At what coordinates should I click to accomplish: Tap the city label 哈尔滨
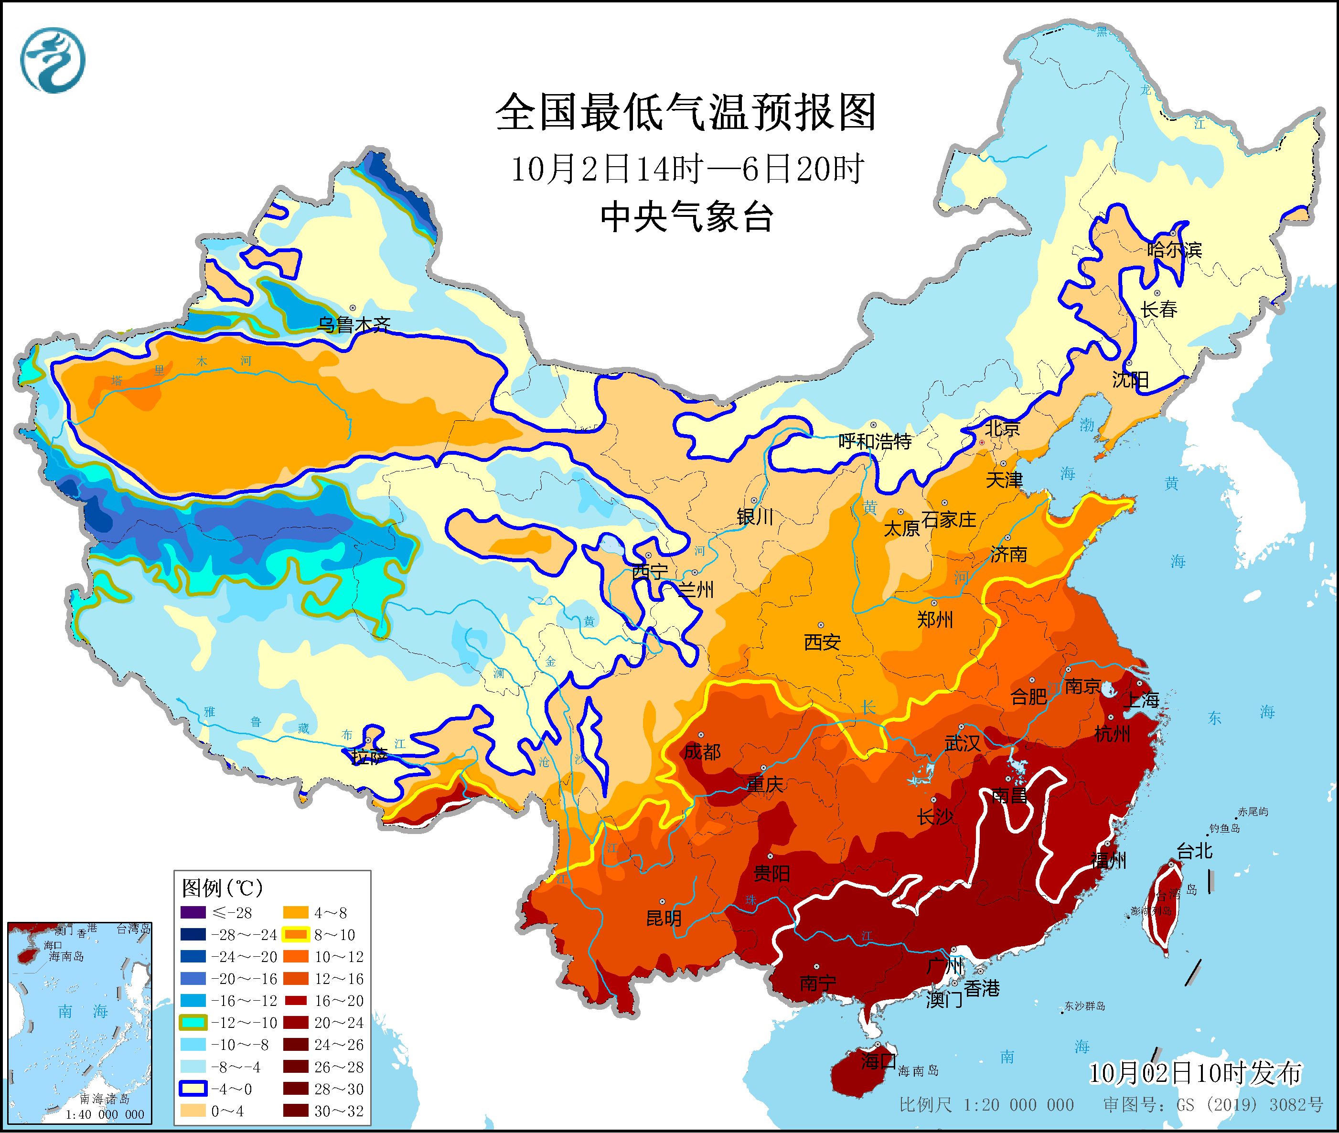[x=1174, y=249]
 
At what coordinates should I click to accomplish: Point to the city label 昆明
[x=664, y=919]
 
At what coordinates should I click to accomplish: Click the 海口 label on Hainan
[x=878, y=1060]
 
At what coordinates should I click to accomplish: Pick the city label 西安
[x=822, y=641]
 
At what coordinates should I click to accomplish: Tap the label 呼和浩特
[x=875, y=441]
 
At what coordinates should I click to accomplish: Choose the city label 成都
[x=702, y=751]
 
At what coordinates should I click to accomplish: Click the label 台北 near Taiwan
[x=1195, y=852]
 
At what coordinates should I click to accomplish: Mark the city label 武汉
[x=962, y=743]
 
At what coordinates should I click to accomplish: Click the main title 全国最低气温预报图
[x=686, y=112]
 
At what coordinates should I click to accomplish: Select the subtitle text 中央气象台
[x=686, y=217]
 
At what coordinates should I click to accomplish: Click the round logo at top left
[x=53, y=60]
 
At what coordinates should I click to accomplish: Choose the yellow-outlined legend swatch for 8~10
[x=296, y=934]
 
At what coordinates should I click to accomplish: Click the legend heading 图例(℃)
[x=222, y=888]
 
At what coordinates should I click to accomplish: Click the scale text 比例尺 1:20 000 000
[x=986, y=1105]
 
